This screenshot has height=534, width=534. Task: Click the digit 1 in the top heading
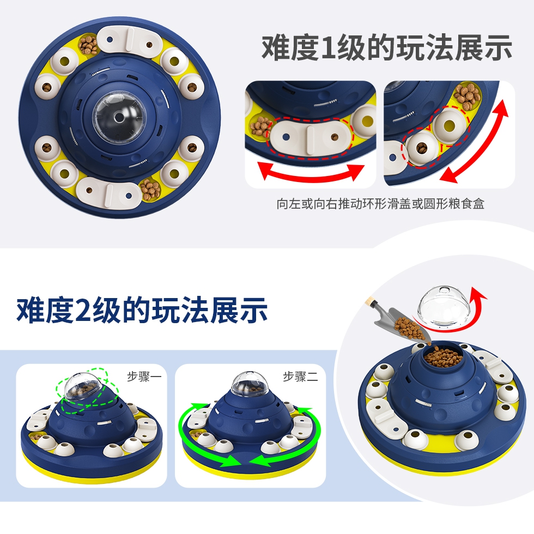pos(328,48)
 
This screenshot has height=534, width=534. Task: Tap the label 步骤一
pos(144,377)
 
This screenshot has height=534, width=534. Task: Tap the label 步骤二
pos(300,377)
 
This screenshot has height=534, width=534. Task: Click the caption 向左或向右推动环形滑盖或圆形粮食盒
pos(380,204)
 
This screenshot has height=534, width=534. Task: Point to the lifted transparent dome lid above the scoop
pos(444,307)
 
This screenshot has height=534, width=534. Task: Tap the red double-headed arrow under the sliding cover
pos(311,175)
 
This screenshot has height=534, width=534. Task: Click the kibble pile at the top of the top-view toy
pos(88,45)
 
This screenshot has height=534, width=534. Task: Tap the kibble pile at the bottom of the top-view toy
pos(150,190)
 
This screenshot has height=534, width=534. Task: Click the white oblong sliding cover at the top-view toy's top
pos(130,41)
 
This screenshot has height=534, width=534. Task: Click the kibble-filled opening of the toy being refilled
pos(443,356)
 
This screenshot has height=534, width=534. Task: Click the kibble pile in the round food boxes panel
pos(466,95)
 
